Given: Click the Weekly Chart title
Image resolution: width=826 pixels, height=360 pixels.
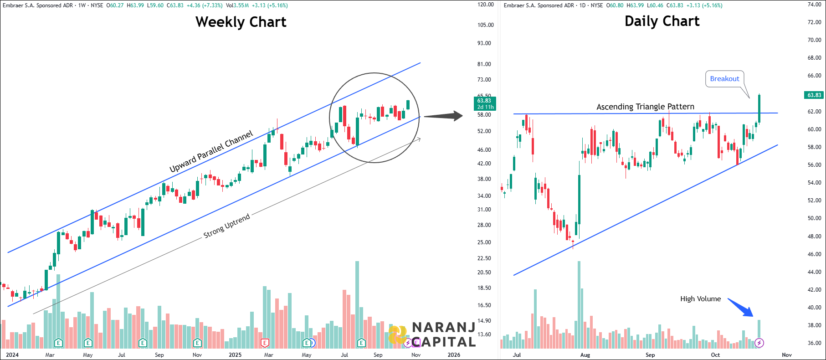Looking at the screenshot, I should [x=241, y=22].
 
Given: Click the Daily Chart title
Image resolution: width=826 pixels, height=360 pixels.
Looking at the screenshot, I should [x=662, y=21].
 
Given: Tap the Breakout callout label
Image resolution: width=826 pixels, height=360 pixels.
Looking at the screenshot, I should [x=724, y=78].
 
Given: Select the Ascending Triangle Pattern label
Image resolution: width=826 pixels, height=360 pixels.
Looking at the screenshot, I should [x=645, y=107].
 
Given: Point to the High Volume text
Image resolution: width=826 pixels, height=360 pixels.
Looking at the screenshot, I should [x=700, y=299].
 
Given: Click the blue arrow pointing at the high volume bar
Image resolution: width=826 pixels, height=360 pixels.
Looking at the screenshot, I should [x=741, y=308].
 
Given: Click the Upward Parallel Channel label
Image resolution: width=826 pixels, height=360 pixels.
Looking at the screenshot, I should [x=211, y=152].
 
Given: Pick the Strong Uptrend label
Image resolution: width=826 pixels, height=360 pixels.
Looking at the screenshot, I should [x=226, y=226].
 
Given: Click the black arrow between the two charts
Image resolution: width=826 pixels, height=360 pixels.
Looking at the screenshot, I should [x=443, y=116].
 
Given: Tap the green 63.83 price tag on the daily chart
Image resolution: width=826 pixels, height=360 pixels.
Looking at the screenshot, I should [x=814, y=95].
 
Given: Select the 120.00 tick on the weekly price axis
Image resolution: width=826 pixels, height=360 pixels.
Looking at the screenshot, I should [x=485, y=5].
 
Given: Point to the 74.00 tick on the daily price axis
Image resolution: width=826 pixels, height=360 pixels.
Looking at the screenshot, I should [x=814, y=5].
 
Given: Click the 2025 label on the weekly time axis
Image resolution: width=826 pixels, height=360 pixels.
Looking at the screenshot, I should [x=235, y=355].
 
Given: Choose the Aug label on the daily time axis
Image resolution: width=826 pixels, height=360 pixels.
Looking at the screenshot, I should [x=585, y=355].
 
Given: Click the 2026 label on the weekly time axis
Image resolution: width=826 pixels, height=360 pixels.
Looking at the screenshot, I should [x=454, y=355].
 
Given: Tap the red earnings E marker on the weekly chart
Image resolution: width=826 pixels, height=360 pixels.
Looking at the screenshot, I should [x=264, y=343].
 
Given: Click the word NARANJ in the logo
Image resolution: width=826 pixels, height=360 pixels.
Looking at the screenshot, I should [x=443, y=327].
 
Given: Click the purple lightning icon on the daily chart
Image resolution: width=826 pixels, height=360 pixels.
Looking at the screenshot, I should [x=759, y=343].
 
